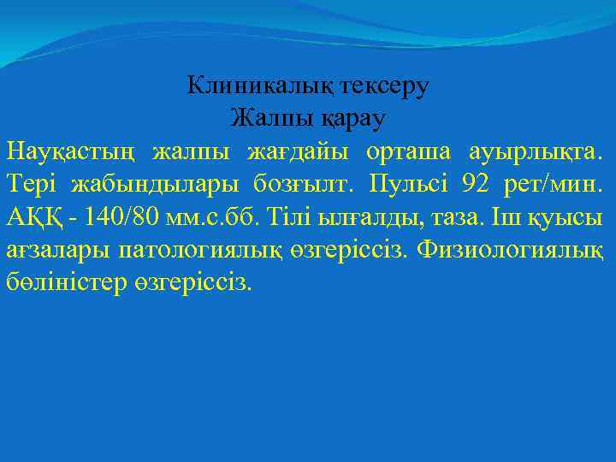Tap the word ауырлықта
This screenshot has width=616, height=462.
(536, 151)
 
